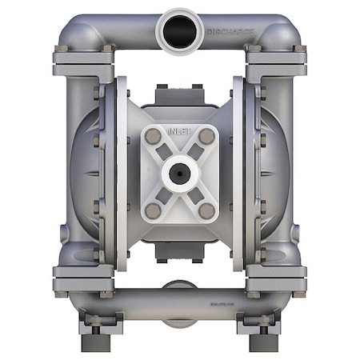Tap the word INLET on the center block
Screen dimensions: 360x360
point(180,128)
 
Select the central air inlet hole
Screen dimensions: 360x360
point(180,172)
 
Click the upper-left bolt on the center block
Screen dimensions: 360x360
point(152,137)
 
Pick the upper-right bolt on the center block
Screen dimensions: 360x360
point(207,137)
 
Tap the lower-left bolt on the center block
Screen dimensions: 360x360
point(152,210)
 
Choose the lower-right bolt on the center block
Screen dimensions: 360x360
point(207,210)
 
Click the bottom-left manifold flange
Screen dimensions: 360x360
point(84,280)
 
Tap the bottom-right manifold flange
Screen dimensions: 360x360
point(276,280)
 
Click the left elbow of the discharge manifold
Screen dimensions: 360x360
point(72,30)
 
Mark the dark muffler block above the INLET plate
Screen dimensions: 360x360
point(180,95)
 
